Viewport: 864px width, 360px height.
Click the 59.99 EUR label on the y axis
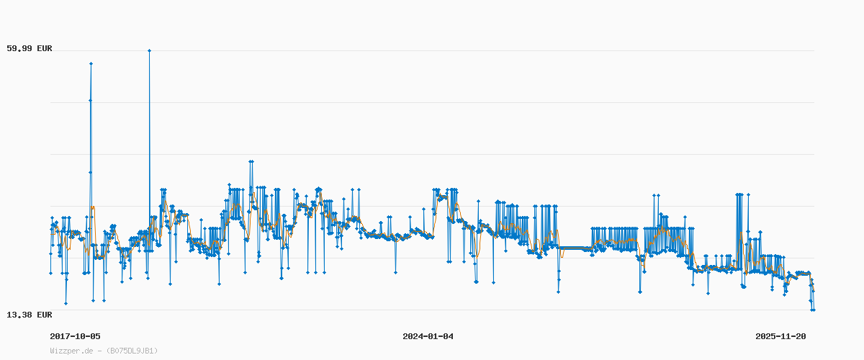[30, 49]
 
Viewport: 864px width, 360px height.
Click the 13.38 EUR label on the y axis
[30, 315]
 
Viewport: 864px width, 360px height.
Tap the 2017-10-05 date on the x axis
[75, 336]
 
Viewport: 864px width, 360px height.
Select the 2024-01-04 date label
[428, 336]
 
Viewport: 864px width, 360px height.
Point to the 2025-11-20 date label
[780, 336]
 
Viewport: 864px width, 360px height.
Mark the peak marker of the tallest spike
[149, 50]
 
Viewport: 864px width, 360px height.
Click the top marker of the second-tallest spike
[91, 63]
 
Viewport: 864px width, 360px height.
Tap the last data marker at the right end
[814, 310]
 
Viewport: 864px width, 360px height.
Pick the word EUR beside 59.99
[43, 49]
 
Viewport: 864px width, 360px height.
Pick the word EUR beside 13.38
[43, 315]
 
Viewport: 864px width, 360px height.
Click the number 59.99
[19, 49]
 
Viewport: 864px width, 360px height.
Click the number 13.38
[19, 315]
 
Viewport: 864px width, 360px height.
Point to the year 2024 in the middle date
[413, 336]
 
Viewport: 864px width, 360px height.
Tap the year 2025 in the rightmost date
[765, 336]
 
